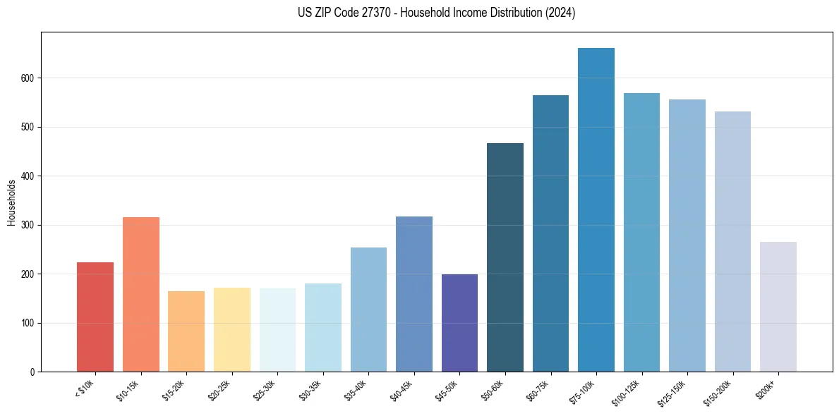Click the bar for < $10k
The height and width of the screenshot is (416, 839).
click(95, 317)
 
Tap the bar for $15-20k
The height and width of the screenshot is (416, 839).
click(186, 331)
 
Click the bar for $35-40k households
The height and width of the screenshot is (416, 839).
click(368, 310)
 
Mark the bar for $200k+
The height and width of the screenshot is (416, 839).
click(778, 307)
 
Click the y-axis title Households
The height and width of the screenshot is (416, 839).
click(11, 202)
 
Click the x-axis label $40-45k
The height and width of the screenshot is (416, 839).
click(402, 389)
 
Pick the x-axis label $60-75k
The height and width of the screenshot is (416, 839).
click(539, 389)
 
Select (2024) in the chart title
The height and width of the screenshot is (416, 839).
click(560, 13)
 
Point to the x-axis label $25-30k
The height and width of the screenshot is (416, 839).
click(265, 389)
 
